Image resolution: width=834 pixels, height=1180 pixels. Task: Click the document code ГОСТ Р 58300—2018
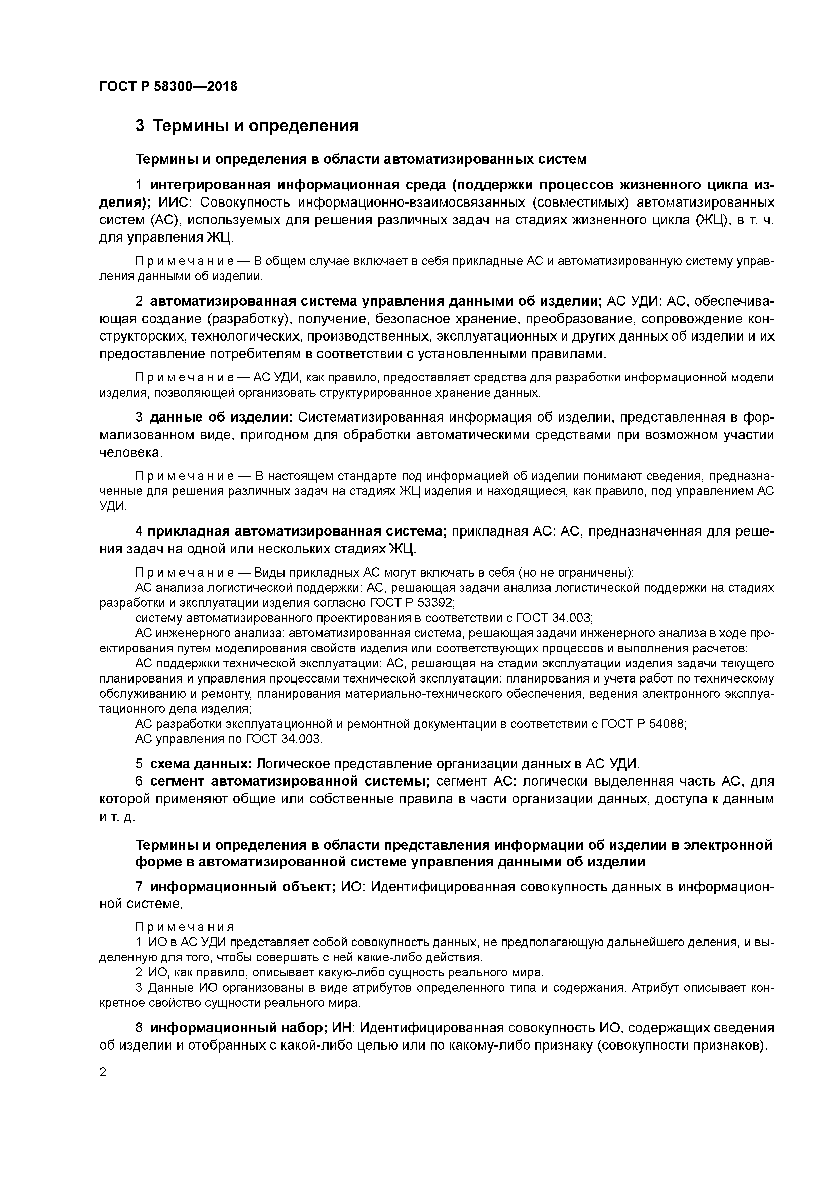pos(168,86)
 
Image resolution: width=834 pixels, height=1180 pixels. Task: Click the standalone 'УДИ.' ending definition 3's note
pos(113,506)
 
